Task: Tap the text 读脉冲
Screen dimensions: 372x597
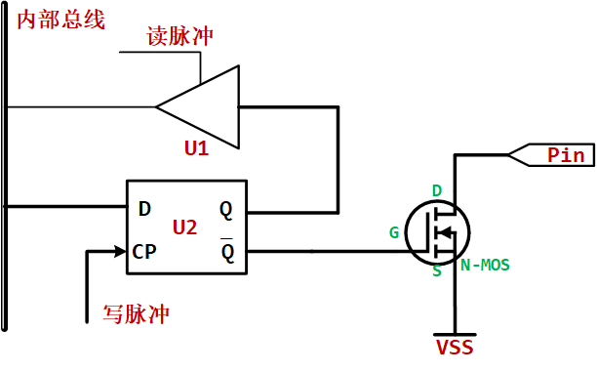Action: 179,36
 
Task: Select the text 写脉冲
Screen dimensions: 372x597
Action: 136,314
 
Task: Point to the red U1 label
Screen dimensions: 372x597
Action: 197,148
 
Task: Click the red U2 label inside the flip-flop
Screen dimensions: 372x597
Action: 184,227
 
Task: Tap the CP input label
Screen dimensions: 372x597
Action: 144,251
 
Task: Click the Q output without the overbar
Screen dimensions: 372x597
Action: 226,208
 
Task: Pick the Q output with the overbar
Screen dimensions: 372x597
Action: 227,252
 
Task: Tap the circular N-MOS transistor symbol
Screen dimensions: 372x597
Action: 437,231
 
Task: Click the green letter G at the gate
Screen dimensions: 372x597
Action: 394,232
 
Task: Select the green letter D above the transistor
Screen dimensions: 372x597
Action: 437,189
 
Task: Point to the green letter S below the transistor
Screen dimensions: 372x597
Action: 436,271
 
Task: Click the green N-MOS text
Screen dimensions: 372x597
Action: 485,265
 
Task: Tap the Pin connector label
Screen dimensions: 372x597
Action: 563,154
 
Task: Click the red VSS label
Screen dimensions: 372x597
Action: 455,347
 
